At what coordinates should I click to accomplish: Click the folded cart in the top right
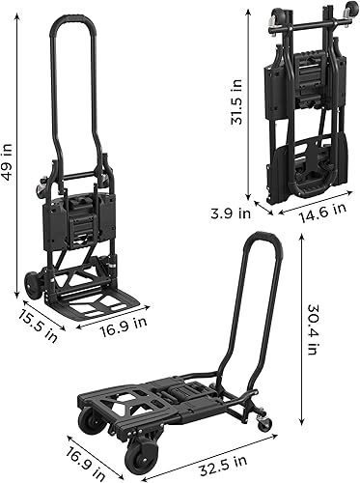(x=301, y=111)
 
